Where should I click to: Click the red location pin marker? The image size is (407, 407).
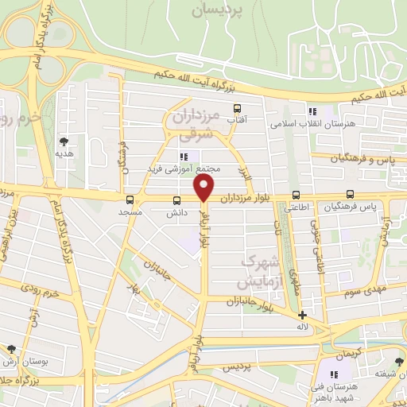pyautogui.click(x=204, y=188)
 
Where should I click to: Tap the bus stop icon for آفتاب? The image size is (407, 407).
pyautogui.click(x=236, y=108)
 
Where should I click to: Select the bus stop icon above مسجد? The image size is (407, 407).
pyautogui.click(x=130, y=200)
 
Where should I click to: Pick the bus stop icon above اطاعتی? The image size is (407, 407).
pyautogui.click(x=296, y=195)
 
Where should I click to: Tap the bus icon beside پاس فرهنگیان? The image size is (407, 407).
pyautogui.click(x=351, y=194)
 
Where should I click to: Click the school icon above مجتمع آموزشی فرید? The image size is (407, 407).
pyautogui.click(x=184, y=156)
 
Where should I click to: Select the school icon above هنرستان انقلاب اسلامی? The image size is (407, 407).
pyautogui.click(x=312, y=111)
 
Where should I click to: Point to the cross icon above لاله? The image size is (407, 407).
pyautogui.click(x=302, y=315)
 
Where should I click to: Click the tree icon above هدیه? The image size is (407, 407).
pyautogui.click(x=64, y=141)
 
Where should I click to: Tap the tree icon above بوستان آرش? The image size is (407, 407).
pyautogui.click(x=11, y=349)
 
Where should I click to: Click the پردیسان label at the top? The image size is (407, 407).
pyautogui.click(x=219, y=12)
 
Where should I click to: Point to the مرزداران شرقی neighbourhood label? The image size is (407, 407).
pyautogui.click(x=195, y=124)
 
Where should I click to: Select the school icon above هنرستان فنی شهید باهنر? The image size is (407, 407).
pyautogui.click(x=335, y=374)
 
